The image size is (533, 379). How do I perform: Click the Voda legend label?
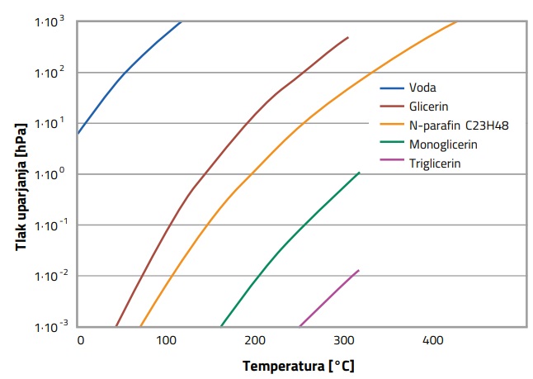coord(421,87)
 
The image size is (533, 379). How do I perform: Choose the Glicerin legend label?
coord(428,106)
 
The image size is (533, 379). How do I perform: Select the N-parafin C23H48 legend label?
coord(458,125)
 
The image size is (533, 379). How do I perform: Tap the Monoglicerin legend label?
coord(443,144)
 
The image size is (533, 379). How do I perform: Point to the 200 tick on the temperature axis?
coord(256,340)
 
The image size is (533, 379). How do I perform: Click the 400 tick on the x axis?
coord(432,340)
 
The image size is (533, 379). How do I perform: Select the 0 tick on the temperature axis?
coord(80,340)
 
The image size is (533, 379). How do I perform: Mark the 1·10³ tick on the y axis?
coord(50,21)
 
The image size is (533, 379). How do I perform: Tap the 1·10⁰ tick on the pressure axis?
coord(50,174)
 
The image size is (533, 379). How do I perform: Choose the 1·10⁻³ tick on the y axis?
coord(50,327)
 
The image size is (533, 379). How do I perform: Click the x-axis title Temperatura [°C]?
coord(298,365)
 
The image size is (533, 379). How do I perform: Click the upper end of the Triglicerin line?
coord(359,270)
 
